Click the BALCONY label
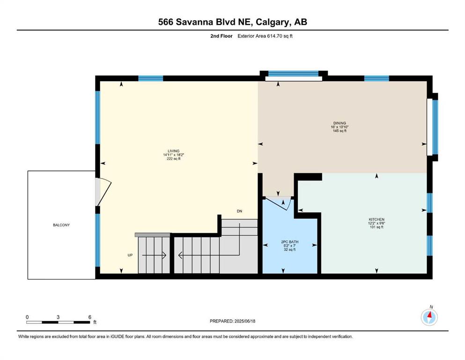(x=61, y=225)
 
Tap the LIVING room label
(x=173, y=151)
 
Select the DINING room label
(x=340, y=123)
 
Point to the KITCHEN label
(x=376, y=220)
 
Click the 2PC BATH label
(x=290, y=242)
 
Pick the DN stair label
(x=239, y=211)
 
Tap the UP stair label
(x=130, y=255)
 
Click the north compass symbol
(x=429, y=317)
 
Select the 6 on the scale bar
(x=89, y=317)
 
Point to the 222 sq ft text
(x=173, y=159)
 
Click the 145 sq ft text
(x=340, y=131)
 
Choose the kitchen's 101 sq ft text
(x=376, y=227)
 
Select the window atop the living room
(x=151, y=79)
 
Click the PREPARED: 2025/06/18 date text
(x=232, y=321)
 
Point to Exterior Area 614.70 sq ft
(x=265, y=36)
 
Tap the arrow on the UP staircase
(x=154, y=255)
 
